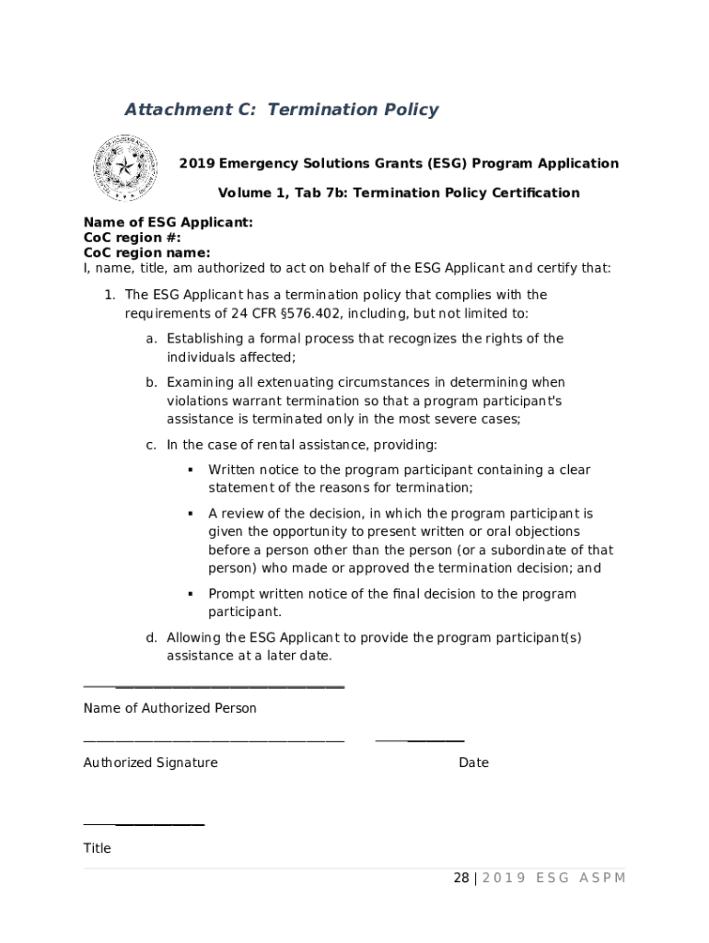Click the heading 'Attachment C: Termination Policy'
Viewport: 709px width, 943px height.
coord(281,110)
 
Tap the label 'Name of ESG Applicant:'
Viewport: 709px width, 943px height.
coord(168,223)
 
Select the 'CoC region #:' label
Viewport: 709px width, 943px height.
coord(133,238)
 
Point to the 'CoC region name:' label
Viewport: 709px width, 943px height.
coord(146,252)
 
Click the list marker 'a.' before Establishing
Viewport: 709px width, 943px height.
coord(151,339)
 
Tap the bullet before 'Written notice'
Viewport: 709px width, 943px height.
coord(190,470)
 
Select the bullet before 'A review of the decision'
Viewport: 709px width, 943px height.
coord(190,513)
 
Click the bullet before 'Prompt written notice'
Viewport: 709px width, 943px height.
coord(190,594)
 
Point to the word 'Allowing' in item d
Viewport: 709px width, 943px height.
coord(194,637)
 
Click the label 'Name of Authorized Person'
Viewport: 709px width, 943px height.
coord(169,708)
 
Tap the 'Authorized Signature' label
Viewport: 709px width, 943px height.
coord(150,763)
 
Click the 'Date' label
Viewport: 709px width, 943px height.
coord(473,763)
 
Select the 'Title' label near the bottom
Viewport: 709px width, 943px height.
coord(97,848)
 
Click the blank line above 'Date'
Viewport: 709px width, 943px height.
coord(420,739)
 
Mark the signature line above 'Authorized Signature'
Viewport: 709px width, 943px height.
coord(214,739)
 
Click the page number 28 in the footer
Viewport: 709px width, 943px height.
coord(461,878)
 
